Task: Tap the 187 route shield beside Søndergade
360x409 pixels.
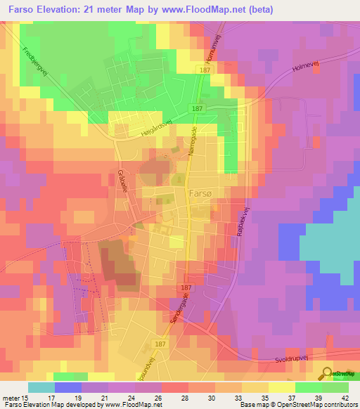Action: click(186, 289)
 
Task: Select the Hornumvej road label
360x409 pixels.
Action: click(209, 49)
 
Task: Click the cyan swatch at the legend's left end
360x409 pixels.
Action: click(41, 387)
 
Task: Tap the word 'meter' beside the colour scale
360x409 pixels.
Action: click(11, 397)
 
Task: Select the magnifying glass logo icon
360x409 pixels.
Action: click(328, 374)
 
